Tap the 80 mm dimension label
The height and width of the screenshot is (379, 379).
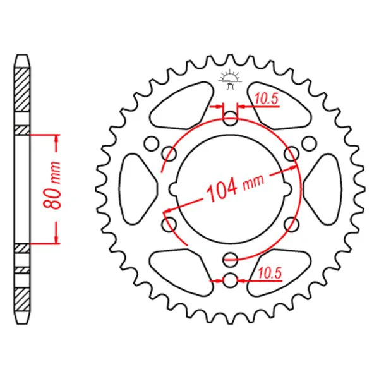point(52,185)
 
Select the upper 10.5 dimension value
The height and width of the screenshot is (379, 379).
point(266,99)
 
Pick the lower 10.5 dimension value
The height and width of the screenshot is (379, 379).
point(270,274)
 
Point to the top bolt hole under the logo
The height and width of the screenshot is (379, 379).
point(230,119)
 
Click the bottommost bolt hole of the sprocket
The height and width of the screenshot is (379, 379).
point(230,280)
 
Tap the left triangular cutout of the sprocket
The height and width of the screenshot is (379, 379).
point(136,189)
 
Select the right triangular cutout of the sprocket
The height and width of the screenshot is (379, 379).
point(323,189)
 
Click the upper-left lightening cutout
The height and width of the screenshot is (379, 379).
point(181,106)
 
